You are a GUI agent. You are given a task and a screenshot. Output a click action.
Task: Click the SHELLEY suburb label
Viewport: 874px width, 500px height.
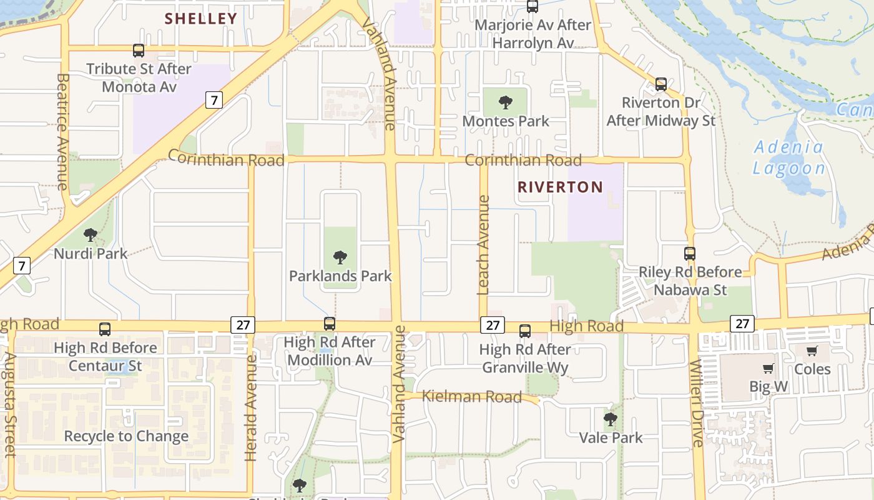click(201, 19)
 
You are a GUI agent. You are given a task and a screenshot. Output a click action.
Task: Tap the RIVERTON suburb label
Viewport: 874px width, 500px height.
click(560, 187)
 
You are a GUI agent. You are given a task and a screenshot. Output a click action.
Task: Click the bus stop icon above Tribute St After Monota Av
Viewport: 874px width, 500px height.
click(139, 51)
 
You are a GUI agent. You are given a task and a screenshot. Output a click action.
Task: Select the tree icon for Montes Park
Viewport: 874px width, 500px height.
click(506, 102)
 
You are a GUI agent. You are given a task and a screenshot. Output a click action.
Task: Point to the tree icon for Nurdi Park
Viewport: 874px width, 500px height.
click(91, 235)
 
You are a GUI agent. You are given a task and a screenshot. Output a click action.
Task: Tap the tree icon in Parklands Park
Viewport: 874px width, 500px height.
click(340, 257)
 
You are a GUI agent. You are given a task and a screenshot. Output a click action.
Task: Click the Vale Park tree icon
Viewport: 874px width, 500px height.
click(611, 419)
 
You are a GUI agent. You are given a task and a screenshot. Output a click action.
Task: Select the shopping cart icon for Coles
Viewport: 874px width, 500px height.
click(812, 351)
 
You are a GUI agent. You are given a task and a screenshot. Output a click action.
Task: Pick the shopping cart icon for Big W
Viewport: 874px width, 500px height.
click(768, 368)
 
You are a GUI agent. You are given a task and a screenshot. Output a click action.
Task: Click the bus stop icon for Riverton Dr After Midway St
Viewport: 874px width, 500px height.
click(661, 84)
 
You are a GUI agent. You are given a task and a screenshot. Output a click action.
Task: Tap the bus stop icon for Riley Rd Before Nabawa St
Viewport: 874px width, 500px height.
click(690, 254)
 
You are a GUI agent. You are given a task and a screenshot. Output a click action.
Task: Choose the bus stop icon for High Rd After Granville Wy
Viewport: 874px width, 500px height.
click(525, 331)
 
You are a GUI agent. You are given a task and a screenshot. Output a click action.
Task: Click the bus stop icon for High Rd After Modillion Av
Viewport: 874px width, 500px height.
click(330, 324)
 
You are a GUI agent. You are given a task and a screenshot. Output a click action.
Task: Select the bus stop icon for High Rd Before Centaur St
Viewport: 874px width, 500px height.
click(105, 329)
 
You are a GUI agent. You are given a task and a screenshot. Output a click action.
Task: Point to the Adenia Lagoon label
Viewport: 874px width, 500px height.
click(788, 158)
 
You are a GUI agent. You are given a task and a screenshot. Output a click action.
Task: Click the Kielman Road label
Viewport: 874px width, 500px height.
click(472, 396)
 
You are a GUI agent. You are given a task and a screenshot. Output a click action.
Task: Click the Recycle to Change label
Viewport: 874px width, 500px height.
click(126, 436)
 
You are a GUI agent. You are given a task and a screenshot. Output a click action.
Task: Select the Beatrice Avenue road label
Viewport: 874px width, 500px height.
click(62, 131)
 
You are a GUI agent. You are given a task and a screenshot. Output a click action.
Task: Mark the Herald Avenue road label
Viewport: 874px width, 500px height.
click(251, 407)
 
